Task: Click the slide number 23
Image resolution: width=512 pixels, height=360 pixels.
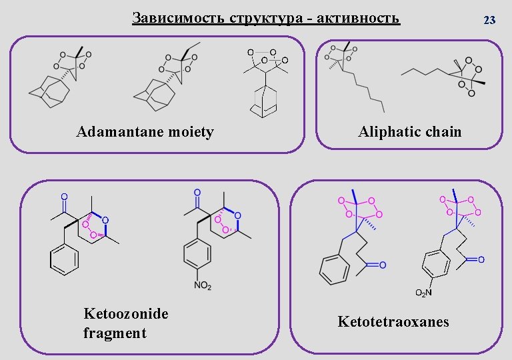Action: [489, 20]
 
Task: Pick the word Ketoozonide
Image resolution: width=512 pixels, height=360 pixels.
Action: [126, 313]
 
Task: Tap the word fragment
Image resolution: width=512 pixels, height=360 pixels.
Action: [115, 333]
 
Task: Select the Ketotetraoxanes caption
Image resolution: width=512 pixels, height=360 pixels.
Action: [393, 322]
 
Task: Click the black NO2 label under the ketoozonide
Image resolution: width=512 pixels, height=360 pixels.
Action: [203, 286]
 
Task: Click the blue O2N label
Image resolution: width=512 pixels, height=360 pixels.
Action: [424, 293]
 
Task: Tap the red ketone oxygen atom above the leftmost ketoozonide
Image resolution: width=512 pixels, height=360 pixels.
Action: [64, 197]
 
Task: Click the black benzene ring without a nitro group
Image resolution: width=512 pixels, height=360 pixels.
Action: [65, 260]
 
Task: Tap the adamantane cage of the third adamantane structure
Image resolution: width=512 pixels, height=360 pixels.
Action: [264, 102]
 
